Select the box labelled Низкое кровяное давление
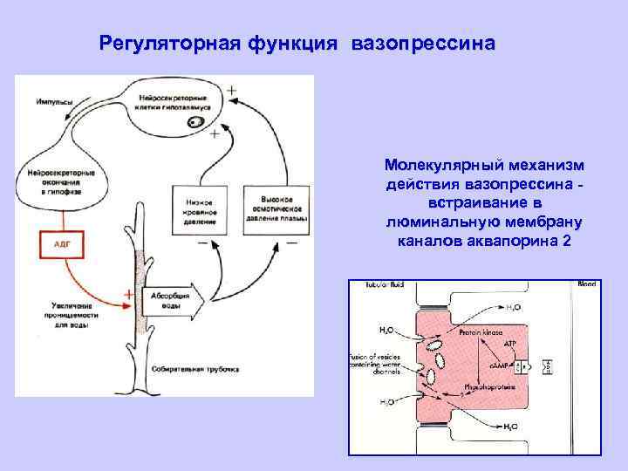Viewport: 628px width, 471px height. [201, 210]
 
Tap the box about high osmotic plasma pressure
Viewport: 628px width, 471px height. [270, 209]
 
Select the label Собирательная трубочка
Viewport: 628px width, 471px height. [195, 369]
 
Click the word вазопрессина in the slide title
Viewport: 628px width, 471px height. [425, 43]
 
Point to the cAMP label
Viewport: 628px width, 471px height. [509, 366]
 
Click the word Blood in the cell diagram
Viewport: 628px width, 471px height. [586, 285]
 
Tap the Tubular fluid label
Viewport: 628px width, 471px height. [386, 285]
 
